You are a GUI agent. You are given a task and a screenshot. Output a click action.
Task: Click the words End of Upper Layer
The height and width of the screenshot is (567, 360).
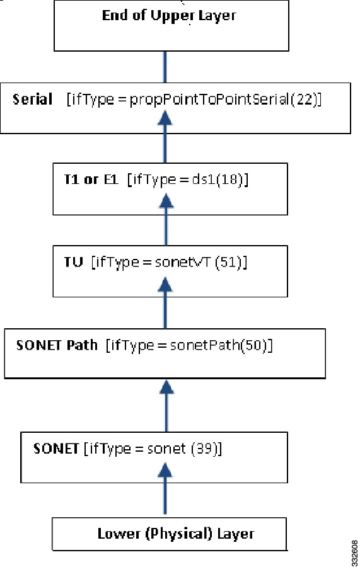[x=169, y=16]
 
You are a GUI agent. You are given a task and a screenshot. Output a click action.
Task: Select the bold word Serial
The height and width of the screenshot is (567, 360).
[x=33, y=99]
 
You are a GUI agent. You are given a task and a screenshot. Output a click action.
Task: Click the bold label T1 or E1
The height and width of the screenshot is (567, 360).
[x=91, y=179]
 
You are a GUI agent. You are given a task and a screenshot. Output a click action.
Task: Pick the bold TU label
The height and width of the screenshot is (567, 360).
[x=73, y=261]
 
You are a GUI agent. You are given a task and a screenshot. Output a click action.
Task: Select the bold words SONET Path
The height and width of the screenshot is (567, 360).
[x=57, y=345]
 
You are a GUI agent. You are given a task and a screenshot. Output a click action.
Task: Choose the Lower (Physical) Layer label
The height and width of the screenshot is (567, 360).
[x=176, y=534]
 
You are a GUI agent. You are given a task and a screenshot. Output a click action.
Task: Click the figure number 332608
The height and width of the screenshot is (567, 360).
[x=354, y=553]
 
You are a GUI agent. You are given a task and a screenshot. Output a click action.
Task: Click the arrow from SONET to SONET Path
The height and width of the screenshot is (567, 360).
[x=166, y=406]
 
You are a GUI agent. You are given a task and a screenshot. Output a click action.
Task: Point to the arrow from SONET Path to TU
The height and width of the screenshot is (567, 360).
[x=165, y=302]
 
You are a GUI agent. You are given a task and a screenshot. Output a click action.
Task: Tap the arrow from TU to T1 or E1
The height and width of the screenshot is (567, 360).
[x=166, y=219]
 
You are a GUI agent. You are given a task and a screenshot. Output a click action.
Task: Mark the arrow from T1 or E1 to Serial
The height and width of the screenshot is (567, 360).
[x=165, y=137]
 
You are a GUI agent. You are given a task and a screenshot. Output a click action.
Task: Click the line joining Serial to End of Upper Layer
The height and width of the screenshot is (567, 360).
[x=165, y=67]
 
